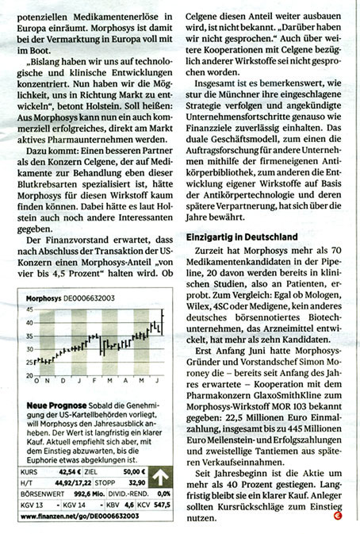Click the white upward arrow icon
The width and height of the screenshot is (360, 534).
click(161, 477)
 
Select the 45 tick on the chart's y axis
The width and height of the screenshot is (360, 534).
click(29, 312)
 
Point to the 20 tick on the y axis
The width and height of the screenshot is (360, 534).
click(29, 375)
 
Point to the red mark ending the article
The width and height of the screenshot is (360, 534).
click(338, 517)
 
